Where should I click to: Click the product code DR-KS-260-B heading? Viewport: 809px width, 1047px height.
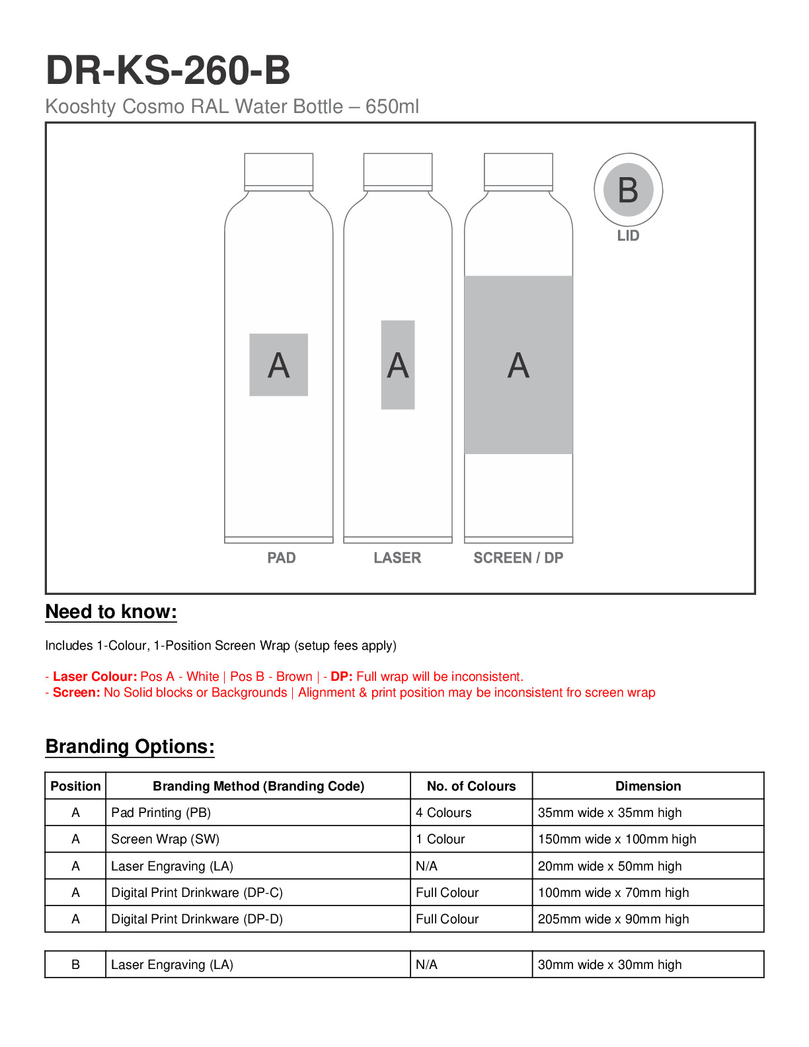pyautogui.click(x=168, y=71)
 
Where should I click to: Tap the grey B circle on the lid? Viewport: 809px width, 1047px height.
pyautogui.click(x=628, y=190)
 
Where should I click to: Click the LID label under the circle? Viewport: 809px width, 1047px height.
pyautogui.click(x=628, y=236)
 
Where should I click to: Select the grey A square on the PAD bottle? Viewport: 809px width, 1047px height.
pyautogui.click(x=278, y=365)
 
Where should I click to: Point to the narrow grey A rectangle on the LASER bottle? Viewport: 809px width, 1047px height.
pyautogui.click(x=398, y=365)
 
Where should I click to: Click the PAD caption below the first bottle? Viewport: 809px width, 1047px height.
pyautogui.click(x=282, y=558)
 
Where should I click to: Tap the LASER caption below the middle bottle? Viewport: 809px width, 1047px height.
pyautogui.click(x=397, y=558)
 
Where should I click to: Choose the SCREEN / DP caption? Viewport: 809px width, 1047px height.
pyautogui.click(x=518, y=558)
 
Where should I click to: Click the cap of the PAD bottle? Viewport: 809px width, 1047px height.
pyautogui.click(x=278, y=171)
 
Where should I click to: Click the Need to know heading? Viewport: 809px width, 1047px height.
pyautogui.click(x=111, y=612)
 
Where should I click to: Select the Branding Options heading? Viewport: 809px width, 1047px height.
pyautogui.click(x=130, y=747)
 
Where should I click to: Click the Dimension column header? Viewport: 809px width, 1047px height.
pyautogui.click(x=648, y=786)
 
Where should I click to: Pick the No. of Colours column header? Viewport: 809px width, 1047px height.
pyautogui.click(x=471, y=786)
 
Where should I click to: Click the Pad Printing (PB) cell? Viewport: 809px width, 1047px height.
pyautogui.click(x=161, y=813)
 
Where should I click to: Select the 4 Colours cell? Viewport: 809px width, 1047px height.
pyautogui.click(x=443, y=813)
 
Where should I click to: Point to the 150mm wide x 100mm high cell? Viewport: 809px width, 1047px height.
pyautogui.click(x=617, y=839)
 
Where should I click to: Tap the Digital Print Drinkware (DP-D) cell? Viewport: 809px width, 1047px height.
pyautogui.click(x=197, y=919)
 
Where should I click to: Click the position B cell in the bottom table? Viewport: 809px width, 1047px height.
pyautogui.click(x=75, y=965)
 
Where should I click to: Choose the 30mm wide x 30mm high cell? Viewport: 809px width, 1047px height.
pyautogui.click(x=609, y=965)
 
